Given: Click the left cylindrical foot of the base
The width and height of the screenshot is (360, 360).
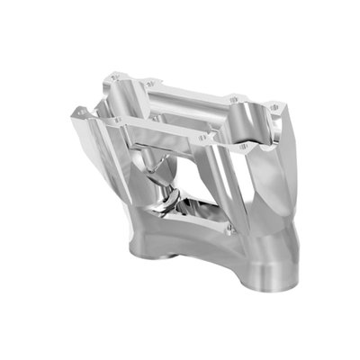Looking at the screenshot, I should coord(155,262).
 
